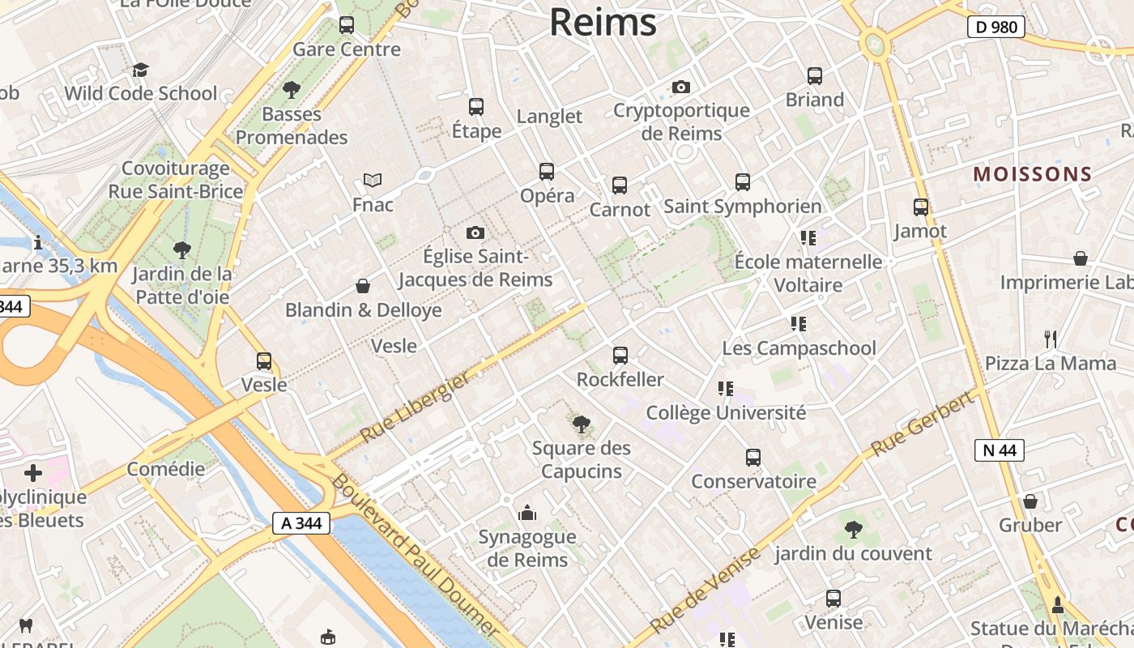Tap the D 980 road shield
click(x=995, y=27)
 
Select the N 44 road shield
click(x=1000, y=450)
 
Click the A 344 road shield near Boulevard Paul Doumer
click(x=301, y=523)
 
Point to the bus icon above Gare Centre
click(x=347, y=25)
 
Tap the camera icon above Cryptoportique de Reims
click(x=681, y=87)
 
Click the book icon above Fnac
click(x=373, y=180)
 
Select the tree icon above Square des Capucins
click(x=581, y=424)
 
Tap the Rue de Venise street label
click(x=706, y=590)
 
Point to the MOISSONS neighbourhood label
click(x=1033, y=174)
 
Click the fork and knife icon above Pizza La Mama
click(x=1051, y=339)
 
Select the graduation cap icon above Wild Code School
click(x=141, y=70)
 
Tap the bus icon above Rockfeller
click(x=620, y=355)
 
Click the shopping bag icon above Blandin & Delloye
click(x=363, y=286)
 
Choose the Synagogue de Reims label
click(x=527, y=548)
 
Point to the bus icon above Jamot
click(x=921, y=207)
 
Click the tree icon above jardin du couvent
click(x=853, y=530)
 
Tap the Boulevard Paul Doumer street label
click(x=413, y=555)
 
